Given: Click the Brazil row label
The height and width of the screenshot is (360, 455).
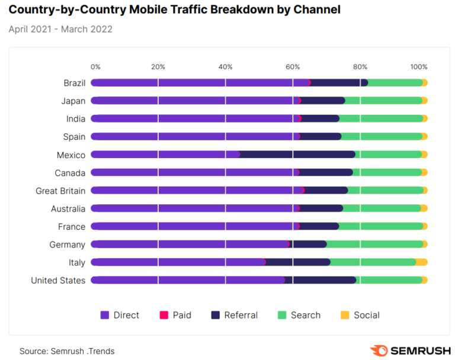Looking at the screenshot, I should click(75, 83).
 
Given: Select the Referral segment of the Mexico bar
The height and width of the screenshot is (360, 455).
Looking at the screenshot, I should click(297, 155).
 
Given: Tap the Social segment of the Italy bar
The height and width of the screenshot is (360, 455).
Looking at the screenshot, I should click(421, 262).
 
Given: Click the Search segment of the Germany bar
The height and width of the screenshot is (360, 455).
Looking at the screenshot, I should click(374, 245).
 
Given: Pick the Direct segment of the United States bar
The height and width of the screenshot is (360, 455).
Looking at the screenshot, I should click(187, 280).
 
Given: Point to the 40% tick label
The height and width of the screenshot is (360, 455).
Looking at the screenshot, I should click(225, 67).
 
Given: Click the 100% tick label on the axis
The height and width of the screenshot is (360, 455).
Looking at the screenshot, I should click(419, 67).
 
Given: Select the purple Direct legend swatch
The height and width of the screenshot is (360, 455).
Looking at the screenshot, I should click(105, 315).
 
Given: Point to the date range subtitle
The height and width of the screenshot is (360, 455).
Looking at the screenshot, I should click(60, 29).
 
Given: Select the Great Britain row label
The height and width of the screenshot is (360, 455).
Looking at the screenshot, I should click(60, 191).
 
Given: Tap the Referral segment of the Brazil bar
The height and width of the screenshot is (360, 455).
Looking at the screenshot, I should click(339, 83).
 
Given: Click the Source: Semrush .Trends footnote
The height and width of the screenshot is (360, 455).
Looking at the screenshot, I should click(67, 351).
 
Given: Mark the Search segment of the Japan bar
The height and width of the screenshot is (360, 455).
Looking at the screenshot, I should click(383, 101).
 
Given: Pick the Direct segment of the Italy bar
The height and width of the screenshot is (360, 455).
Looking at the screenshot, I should click(178, 262).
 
